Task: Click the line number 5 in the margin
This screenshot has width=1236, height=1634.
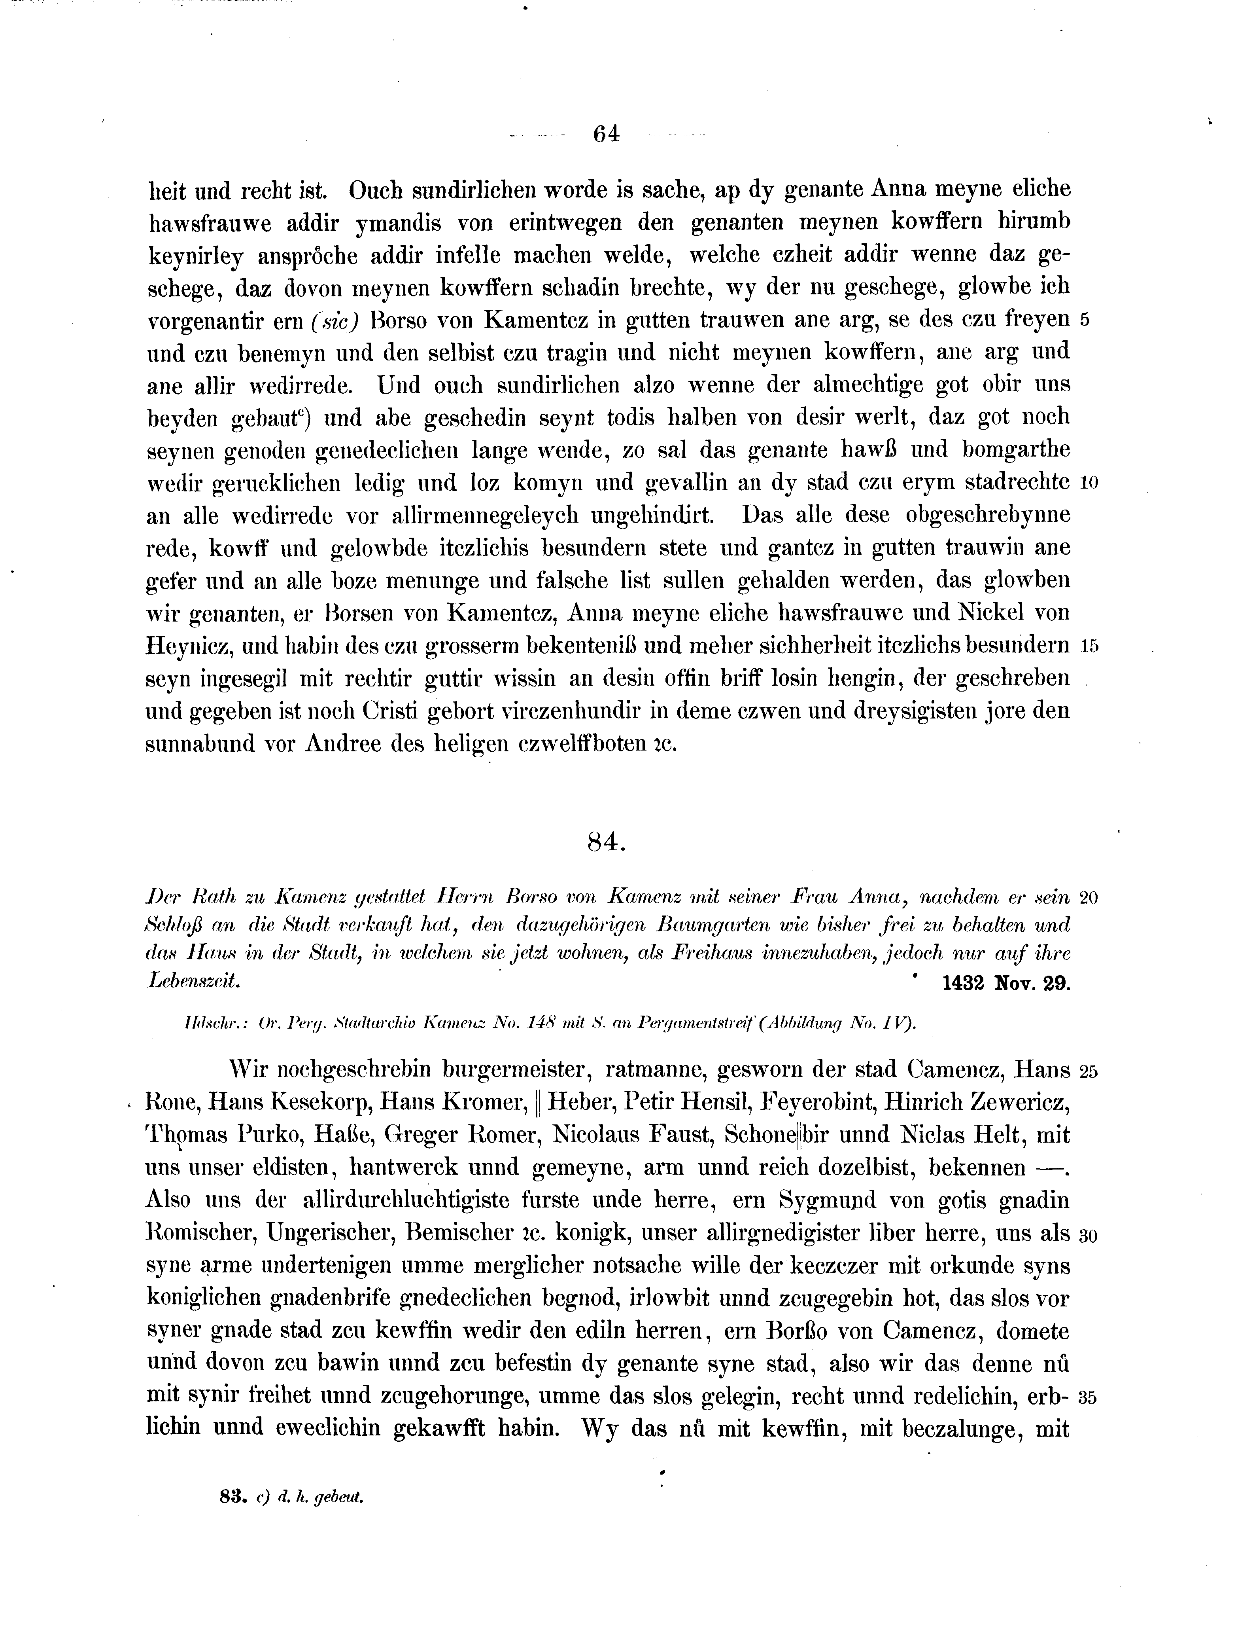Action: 1084,320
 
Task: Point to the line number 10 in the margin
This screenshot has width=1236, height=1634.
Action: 1089,483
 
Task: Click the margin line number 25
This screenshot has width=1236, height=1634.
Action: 1089,1071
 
